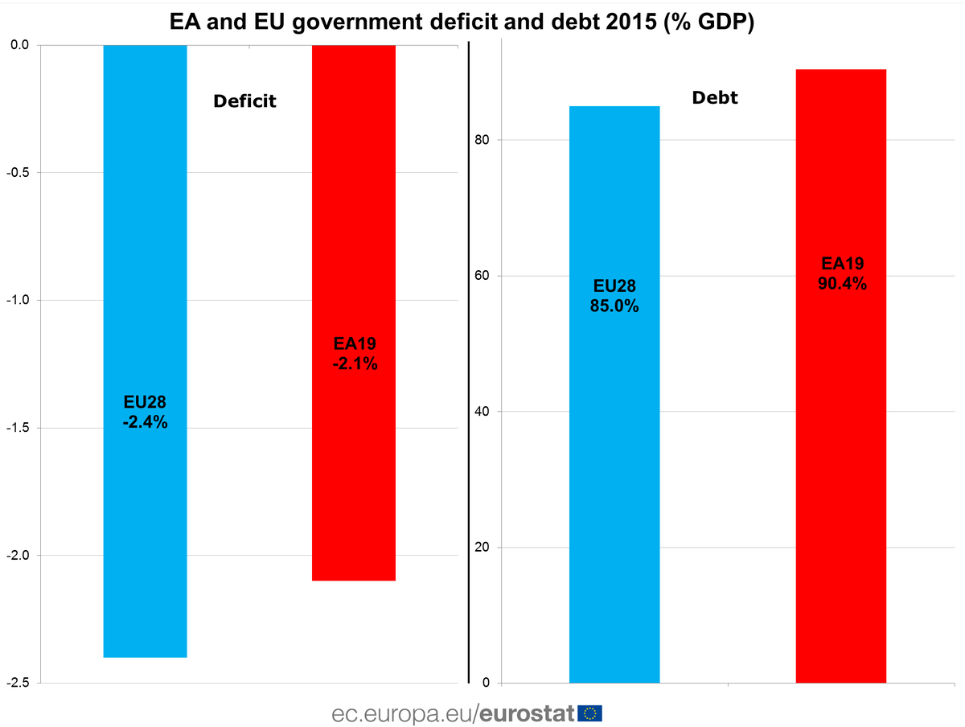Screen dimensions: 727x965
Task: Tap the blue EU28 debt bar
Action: coord(614,483)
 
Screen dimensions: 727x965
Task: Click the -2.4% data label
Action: coord(146,422)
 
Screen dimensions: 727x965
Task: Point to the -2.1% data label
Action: coord(355,363)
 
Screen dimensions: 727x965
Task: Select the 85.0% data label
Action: coord(615,306)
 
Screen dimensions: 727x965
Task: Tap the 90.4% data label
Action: coord(842,283)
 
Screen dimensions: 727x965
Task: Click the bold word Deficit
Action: coord(244,101)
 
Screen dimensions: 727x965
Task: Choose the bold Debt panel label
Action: coord(715,99)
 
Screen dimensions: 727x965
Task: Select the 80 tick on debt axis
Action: coord(482,140)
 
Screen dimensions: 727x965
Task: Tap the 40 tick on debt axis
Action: coord(482,412)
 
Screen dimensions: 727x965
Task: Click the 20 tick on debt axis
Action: coord(482,548)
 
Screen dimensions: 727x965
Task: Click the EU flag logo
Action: coord(590,713)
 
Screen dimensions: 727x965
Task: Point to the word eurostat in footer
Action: coord(528,713)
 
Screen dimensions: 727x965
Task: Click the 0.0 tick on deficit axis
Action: coord(20,45)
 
